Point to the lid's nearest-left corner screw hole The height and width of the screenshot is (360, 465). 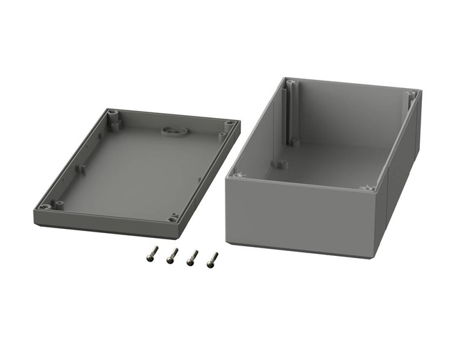[x=46, y=207]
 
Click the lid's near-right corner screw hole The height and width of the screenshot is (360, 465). [x=174, y=218]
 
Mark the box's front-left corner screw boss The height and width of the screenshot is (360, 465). [x=239, y=175]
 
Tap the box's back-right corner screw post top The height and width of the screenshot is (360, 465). [x=412, y=93]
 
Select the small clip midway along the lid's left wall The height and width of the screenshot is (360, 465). [x=82, y=167]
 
